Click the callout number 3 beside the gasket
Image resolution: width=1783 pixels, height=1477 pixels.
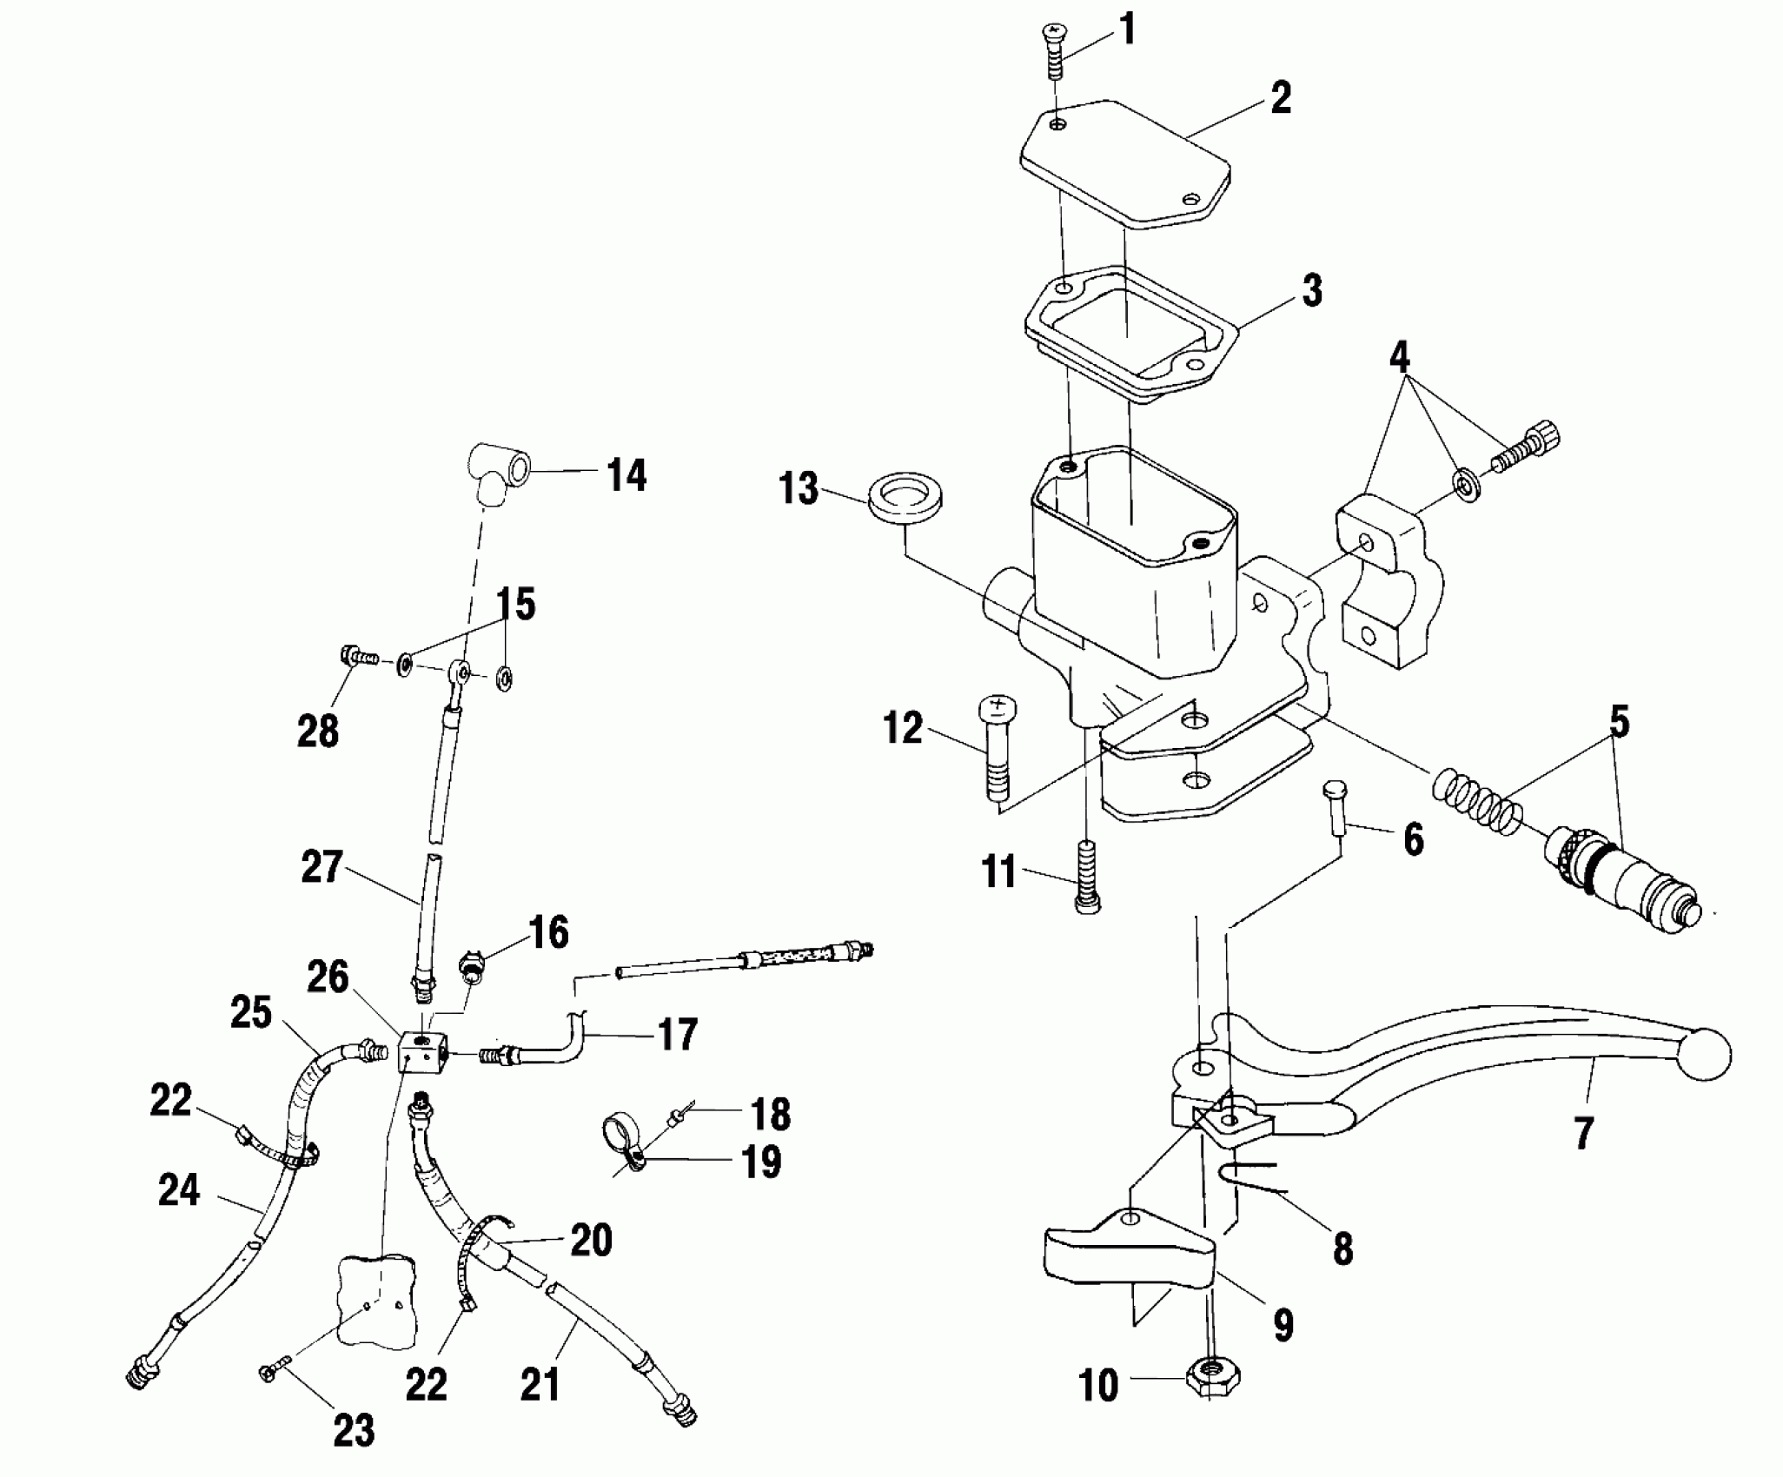tap(1312, 291)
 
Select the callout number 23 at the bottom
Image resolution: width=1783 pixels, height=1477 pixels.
tap(354, 1431)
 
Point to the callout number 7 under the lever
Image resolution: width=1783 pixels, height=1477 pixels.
tap(1583, 1133)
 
